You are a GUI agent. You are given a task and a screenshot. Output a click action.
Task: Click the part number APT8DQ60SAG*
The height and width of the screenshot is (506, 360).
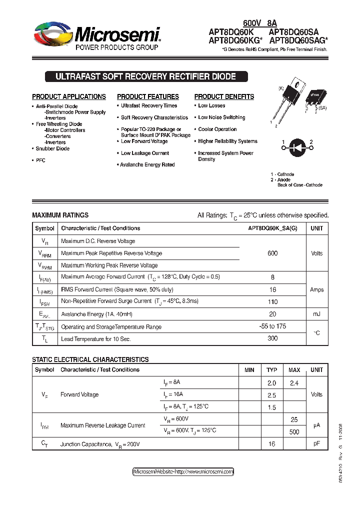pos(299,41)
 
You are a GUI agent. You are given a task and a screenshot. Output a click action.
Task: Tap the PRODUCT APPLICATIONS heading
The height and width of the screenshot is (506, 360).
pos(69,96)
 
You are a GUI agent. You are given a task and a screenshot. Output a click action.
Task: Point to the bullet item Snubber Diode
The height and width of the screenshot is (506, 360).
pos(52,148)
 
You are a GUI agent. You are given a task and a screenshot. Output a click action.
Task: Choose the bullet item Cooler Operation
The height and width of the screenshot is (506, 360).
pos(217,129)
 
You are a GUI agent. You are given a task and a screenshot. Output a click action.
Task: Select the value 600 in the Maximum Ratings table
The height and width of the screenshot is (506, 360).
pos(272,253)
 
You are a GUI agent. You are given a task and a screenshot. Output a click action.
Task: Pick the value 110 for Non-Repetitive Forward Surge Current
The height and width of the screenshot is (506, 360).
pos(272,301)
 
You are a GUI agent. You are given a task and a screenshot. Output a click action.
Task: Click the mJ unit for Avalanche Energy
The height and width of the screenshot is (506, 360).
pos(317,314)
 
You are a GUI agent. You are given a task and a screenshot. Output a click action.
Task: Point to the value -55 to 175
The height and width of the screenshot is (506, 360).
pos(272,326)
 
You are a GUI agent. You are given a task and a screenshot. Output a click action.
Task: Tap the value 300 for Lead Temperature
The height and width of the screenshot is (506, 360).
pos(272,338)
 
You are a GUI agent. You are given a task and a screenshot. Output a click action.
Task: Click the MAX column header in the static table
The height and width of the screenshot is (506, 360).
pos(294,370)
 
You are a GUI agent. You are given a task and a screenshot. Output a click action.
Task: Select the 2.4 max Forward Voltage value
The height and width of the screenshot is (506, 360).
pos(294,382)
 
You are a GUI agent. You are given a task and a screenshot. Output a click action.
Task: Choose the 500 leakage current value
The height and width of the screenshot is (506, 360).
pos(294,431)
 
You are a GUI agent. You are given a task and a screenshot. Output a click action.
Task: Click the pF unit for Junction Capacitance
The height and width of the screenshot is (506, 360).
pos(317,443)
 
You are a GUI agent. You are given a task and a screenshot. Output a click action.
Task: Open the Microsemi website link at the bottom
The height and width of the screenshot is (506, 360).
pos(183,471)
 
